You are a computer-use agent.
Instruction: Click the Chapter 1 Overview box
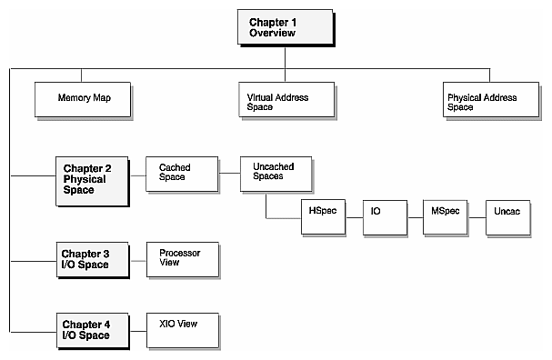[x=284, y=26]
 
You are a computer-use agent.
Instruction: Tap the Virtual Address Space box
[x=284, y=100]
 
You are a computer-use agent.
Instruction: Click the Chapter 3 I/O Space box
[x=89, y=259]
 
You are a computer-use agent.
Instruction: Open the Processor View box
[x=183, y=259]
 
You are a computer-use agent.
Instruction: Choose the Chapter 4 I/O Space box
[x=89, y=329]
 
